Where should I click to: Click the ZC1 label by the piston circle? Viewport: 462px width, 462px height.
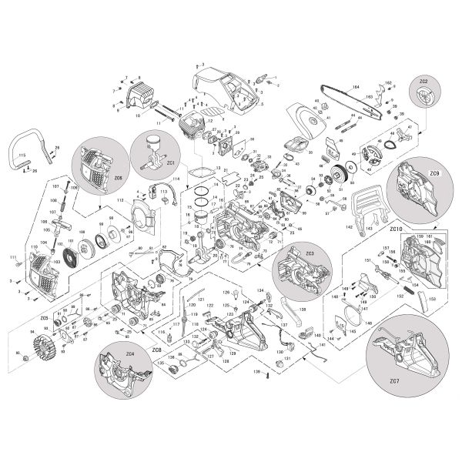point(171,163)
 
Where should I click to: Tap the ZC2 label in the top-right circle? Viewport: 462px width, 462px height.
point(423,82)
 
